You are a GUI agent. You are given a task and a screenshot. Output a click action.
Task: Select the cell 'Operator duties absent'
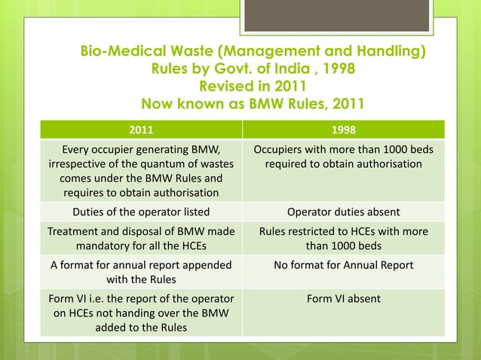pos(343,212)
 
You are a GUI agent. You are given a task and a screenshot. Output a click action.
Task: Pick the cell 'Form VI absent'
pos(343,299)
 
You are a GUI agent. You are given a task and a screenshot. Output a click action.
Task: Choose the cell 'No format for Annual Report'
pos(343,265)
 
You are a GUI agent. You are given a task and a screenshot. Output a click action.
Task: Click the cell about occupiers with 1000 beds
pos(343,156)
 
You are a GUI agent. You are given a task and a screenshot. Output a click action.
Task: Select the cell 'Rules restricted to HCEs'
pos(343,238)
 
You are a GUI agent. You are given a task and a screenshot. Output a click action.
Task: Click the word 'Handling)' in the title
pos(391,53)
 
